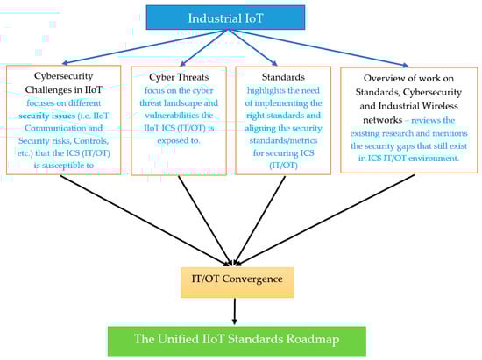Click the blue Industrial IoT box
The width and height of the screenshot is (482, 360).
pyautogui.click(x=237, y=18)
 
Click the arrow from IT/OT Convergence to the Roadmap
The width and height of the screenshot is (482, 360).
pyautogui.click(x=235, y=310)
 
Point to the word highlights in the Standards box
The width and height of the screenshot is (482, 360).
pyautogui.click(x=259, y=90)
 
